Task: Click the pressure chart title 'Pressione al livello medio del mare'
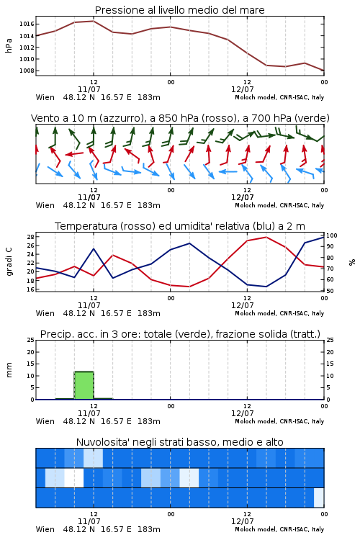click(179, 10)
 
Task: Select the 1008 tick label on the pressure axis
click(27, 71)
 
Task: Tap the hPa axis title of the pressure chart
click(9, 45)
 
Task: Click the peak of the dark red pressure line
click(94, 21)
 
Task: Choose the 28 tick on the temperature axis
click(30, 237)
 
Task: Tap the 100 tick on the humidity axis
click(332, 235)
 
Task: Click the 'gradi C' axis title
click(9, 261)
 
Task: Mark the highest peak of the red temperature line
click(266, 237)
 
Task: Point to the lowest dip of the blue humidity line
click(266, 287)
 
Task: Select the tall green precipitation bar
click(84, 385)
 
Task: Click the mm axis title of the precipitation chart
click(9, 370)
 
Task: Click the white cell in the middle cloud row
click(73, 477)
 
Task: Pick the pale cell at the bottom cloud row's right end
click(319, 498)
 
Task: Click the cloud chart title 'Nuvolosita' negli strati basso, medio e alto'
click(179, 442)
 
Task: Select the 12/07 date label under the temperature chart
click(242, 305)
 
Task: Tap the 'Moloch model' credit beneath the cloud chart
click(256, 529)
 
